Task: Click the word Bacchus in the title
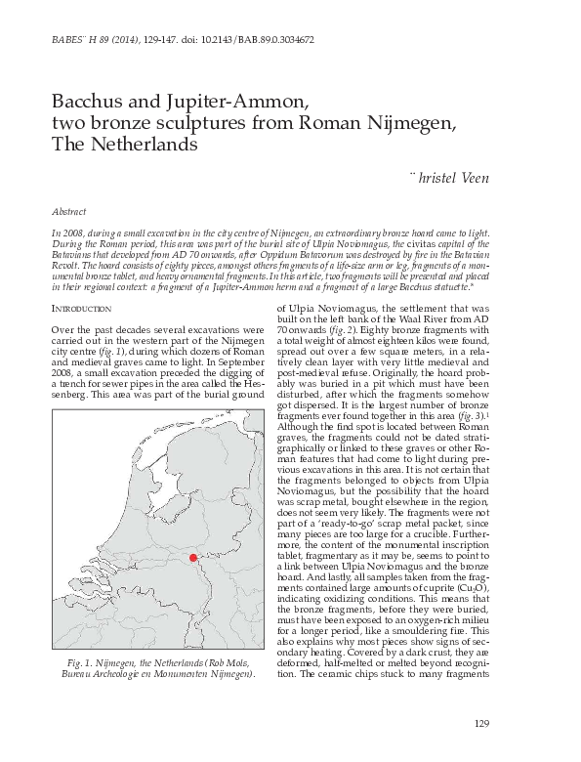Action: [83, 100]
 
